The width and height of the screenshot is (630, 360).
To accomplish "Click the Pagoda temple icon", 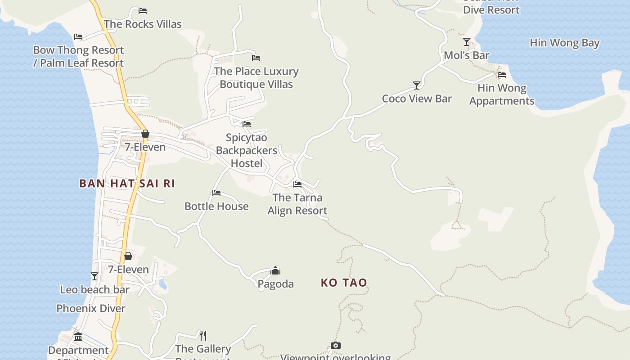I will coord(275,270).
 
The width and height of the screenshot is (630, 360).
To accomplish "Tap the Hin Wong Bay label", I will coord(564,43).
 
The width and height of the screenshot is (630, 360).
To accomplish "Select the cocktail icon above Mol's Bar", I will coord(467,42).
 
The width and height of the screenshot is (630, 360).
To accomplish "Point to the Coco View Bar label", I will coord(417,99).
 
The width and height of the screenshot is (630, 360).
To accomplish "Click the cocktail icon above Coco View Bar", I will coord(417,85).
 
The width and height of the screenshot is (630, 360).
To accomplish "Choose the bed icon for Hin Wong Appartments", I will coord(502,74).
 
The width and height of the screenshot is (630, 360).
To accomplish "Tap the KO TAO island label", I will coord(344,283).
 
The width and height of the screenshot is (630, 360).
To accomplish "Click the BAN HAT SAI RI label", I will coord(127,184).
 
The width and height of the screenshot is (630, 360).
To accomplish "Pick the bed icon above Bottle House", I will coord(216,193).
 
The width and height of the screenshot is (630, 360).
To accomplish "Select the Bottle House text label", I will coord(216,206).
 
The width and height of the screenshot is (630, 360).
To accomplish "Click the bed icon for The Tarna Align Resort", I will coord(297,184).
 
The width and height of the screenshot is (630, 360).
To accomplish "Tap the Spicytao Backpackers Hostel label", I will coord(246,150).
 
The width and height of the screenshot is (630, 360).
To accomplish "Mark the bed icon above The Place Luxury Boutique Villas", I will coord(256,58).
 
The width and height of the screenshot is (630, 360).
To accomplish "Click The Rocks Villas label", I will coord(143,24).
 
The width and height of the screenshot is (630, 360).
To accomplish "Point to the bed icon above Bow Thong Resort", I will coord(78,37).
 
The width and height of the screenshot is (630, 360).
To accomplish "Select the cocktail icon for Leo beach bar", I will coord(94,276).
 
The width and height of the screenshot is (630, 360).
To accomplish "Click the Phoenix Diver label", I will coord(91,308).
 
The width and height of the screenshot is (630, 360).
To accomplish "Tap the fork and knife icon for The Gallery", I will coord(203,335).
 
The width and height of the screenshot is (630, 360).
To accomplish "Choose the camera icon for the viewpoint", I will coord(335,345).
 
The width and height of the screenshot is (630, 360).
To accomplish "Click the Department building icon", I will coord(78,337).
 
